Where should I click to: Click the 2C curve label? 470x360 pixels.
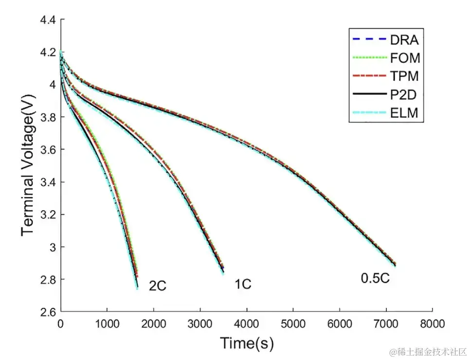[157, 286]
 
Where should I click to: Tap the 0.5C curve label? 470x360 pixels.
[375, 278]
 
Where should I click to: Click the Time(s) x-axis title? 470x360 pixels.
[247, 343]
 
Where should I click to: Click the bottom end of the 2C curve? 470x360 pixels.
[137, 288]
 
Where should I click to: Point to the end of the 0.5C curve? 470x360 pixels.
[395, 265]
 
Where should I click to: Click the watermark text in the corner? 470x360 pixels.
[424, 351]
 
